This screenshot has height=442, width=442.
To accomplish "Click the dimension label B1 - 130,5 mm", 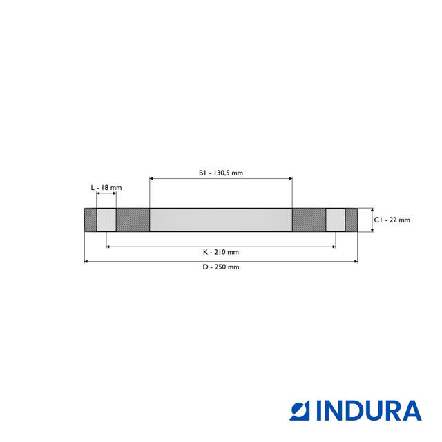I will (221, 173).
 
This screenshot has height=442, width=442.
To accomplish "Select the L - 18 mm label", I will (106, 188).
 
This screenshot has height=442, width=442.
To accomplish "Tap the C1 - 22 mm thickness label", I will (392, 220).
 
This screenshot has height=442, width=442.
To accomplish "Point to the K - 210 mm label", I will (221, 252).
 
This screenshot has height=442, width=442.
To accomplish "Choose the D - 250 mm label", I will (221, 267).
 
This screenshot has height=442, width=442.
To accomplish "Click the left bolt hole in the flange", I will (106, 220).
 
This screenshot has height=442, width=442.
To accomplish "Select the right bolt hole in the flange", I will (336, 220).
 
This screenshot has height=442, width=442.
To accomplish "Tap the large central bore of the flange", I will (221, 220).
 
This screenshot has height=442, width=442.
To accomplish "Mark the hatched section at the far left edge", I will (90, 220).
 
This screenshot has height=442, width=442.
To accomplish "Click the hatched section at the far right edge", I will (352, 220).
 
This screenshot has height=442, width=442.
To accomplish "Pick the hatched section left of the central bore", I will (133, 220).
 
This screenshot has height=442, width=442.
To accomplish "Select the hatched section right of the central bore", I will (309, 220).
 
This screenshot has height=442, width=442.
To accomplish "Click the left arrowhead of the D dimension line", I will (86, 261).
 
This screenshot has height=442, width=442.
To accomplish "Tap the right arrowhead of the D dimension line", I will (356, 261).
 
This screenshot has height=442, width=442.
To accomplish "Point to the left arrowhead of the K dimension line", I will (108, 247).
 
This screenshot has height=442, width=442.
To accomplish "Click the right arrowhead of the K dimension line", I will (334, 247).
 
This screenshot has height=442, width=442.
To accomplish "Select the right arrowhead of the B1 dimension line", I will (290, 179).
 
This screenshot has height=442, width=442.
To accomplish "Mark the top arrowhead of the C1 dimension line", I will (372, 211).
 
